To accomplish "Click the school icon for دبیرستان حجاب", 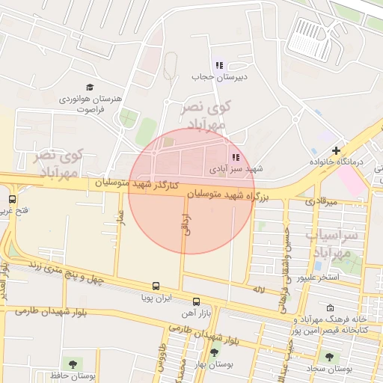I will (219, 65).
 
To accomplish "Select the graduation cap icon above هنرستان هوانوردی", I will (91, 87).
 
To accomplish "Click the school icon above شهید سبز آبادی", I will (236, 157).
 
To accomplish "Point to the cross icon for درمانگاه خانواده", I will (336, 150).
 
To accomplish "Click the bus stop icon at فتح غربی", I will (13, 199).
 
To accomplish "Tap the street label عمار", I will (119, 219).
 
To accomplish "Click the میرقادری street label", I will (322, 201).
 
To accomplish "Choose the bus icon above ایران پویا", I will (156, 286).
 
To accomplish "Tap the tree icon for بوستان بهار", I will (214, 352).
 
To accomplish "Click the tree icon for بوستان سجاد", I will (328, 356).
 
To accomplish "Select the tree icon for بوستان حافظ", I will (72, 364).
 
